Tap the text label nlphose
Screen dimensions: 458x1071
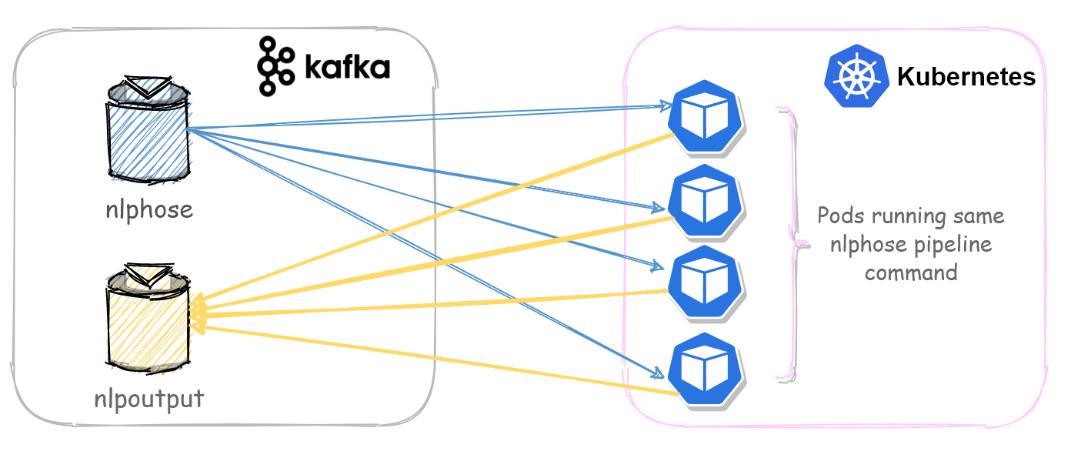(x=148, y=209)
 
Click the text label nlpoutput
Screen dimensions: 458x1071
(x=148, y=398)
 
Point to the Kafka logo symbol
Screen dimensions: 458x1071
(x=275, y=66)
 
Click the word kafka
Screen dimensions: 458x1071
(x=347, y=68)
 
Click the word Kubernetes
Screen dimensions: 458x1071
(x=966, y=78)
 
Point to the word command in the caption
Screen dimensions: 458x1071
(x=911, y=273)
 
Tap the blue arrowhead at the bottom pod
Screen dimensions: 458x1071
(x=659, y=373)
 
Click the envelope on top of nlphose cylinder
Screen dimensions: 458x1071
(x=147, y=86)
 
